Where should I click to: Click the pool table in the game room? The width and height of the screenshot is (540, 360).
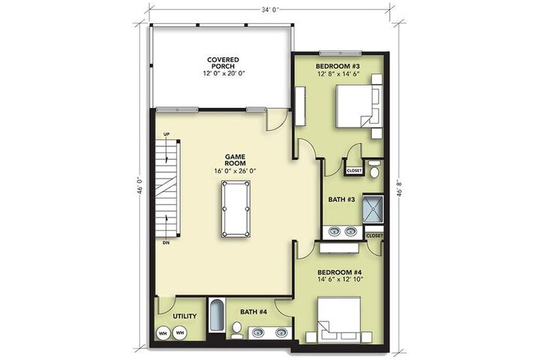236,208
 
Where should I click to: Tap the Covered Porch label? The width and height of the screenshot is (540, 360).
223,63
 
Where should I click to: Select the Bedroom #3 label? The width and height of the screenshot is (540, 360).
337,66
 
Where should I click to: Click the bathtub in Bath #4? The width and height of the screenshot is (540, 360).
216,315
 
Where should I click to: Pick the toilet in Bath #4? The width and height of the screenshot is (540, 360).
236,328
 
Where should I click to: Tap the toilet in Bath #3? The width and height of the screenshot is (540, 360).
374,169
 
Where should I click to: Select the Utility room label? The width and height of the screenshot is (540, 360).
184,316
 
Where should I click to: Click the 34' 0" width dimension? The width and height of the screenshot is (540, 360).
270,10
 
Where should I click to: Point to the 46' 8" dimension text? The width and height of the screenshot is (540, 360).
399,187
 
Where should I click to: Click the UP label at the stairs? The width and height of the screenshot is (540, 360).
166,134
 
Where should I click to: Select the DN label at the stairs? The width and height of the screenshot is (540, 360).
166,243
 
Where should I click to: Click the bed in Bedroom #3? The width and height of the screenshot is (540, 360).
358,106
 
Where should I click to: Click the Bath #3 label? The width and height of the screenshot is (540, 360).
341,199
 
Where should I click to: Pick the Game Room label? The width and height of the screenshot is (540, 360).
235,160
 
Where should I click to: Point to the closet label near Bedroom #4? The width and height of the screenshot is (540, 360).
374,236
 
